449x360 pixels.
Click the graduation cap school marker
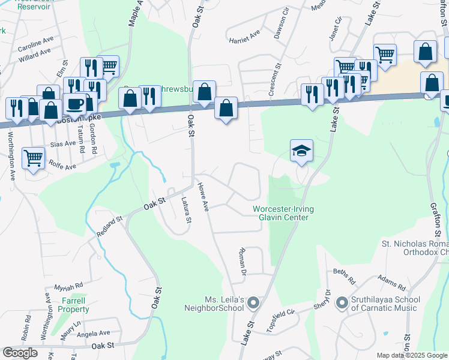[x=302, y=151]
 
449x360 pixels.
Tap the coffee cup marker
[x=74, y=104]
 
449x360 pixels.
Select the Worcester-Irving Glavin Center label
[x=283, y=213]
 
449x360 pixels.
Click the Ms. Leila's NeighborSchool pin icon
[x=253, y=303]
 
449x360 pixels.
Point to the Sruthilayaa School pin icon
[x=342, y=303]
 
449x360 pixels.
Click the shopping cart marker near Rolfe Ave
[x=34, y=159]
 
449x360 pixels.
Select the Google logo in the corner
[x=20, y=353]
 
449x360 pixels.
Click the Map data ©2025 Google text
[x=412, y=355]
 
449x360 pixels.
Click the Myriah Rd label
[x=68, y=287]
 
